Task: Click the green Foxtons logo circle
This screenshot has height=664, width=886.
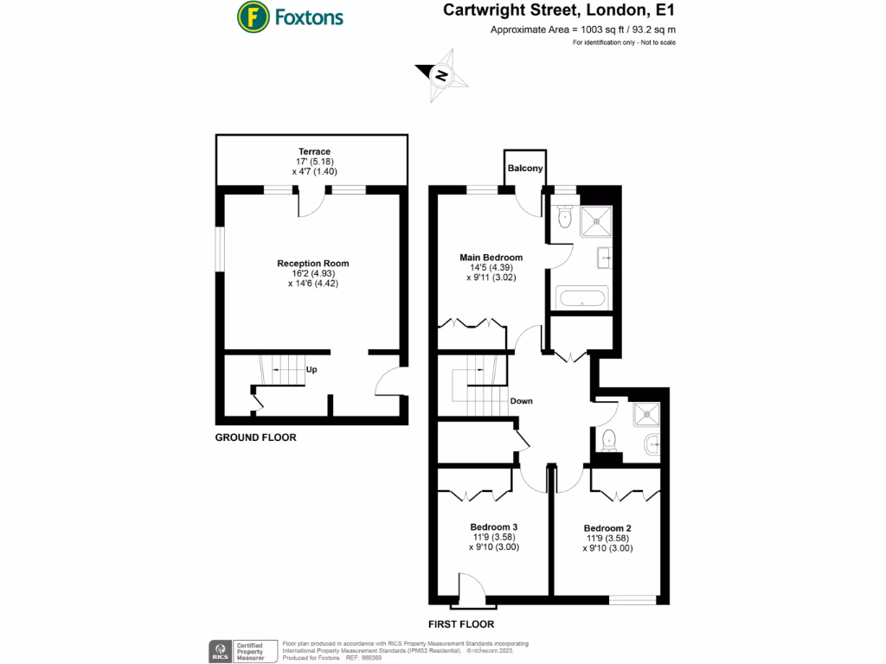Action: click(252, 16)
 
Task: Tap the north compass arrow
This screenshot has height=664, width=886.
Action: click(442, 76)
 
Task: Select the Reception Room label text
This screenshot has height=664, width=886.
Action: click(312, 263)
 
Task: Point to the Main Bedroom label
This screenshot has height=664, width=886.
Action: click(491, 258)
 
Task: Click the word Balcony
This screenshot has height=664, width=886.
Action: click(525, 169)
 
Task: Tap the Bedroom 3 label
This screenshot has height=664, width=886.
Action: click(494, 527)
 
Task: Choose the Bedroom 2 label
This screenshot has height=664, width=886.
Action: click(607, 528)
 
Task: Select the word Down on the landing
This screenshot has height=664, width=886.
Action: click(522, 401)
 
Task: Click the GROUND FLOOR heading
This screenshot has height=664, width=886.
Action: click(255, 437)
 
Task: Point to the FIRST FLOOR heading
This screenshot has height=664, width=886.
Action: click(461, 623)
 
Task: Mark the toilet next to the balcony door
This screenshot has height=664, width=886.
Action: click(564, 218)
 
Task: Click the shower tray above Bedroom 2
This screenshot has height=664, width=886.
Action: click(645, 417)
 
